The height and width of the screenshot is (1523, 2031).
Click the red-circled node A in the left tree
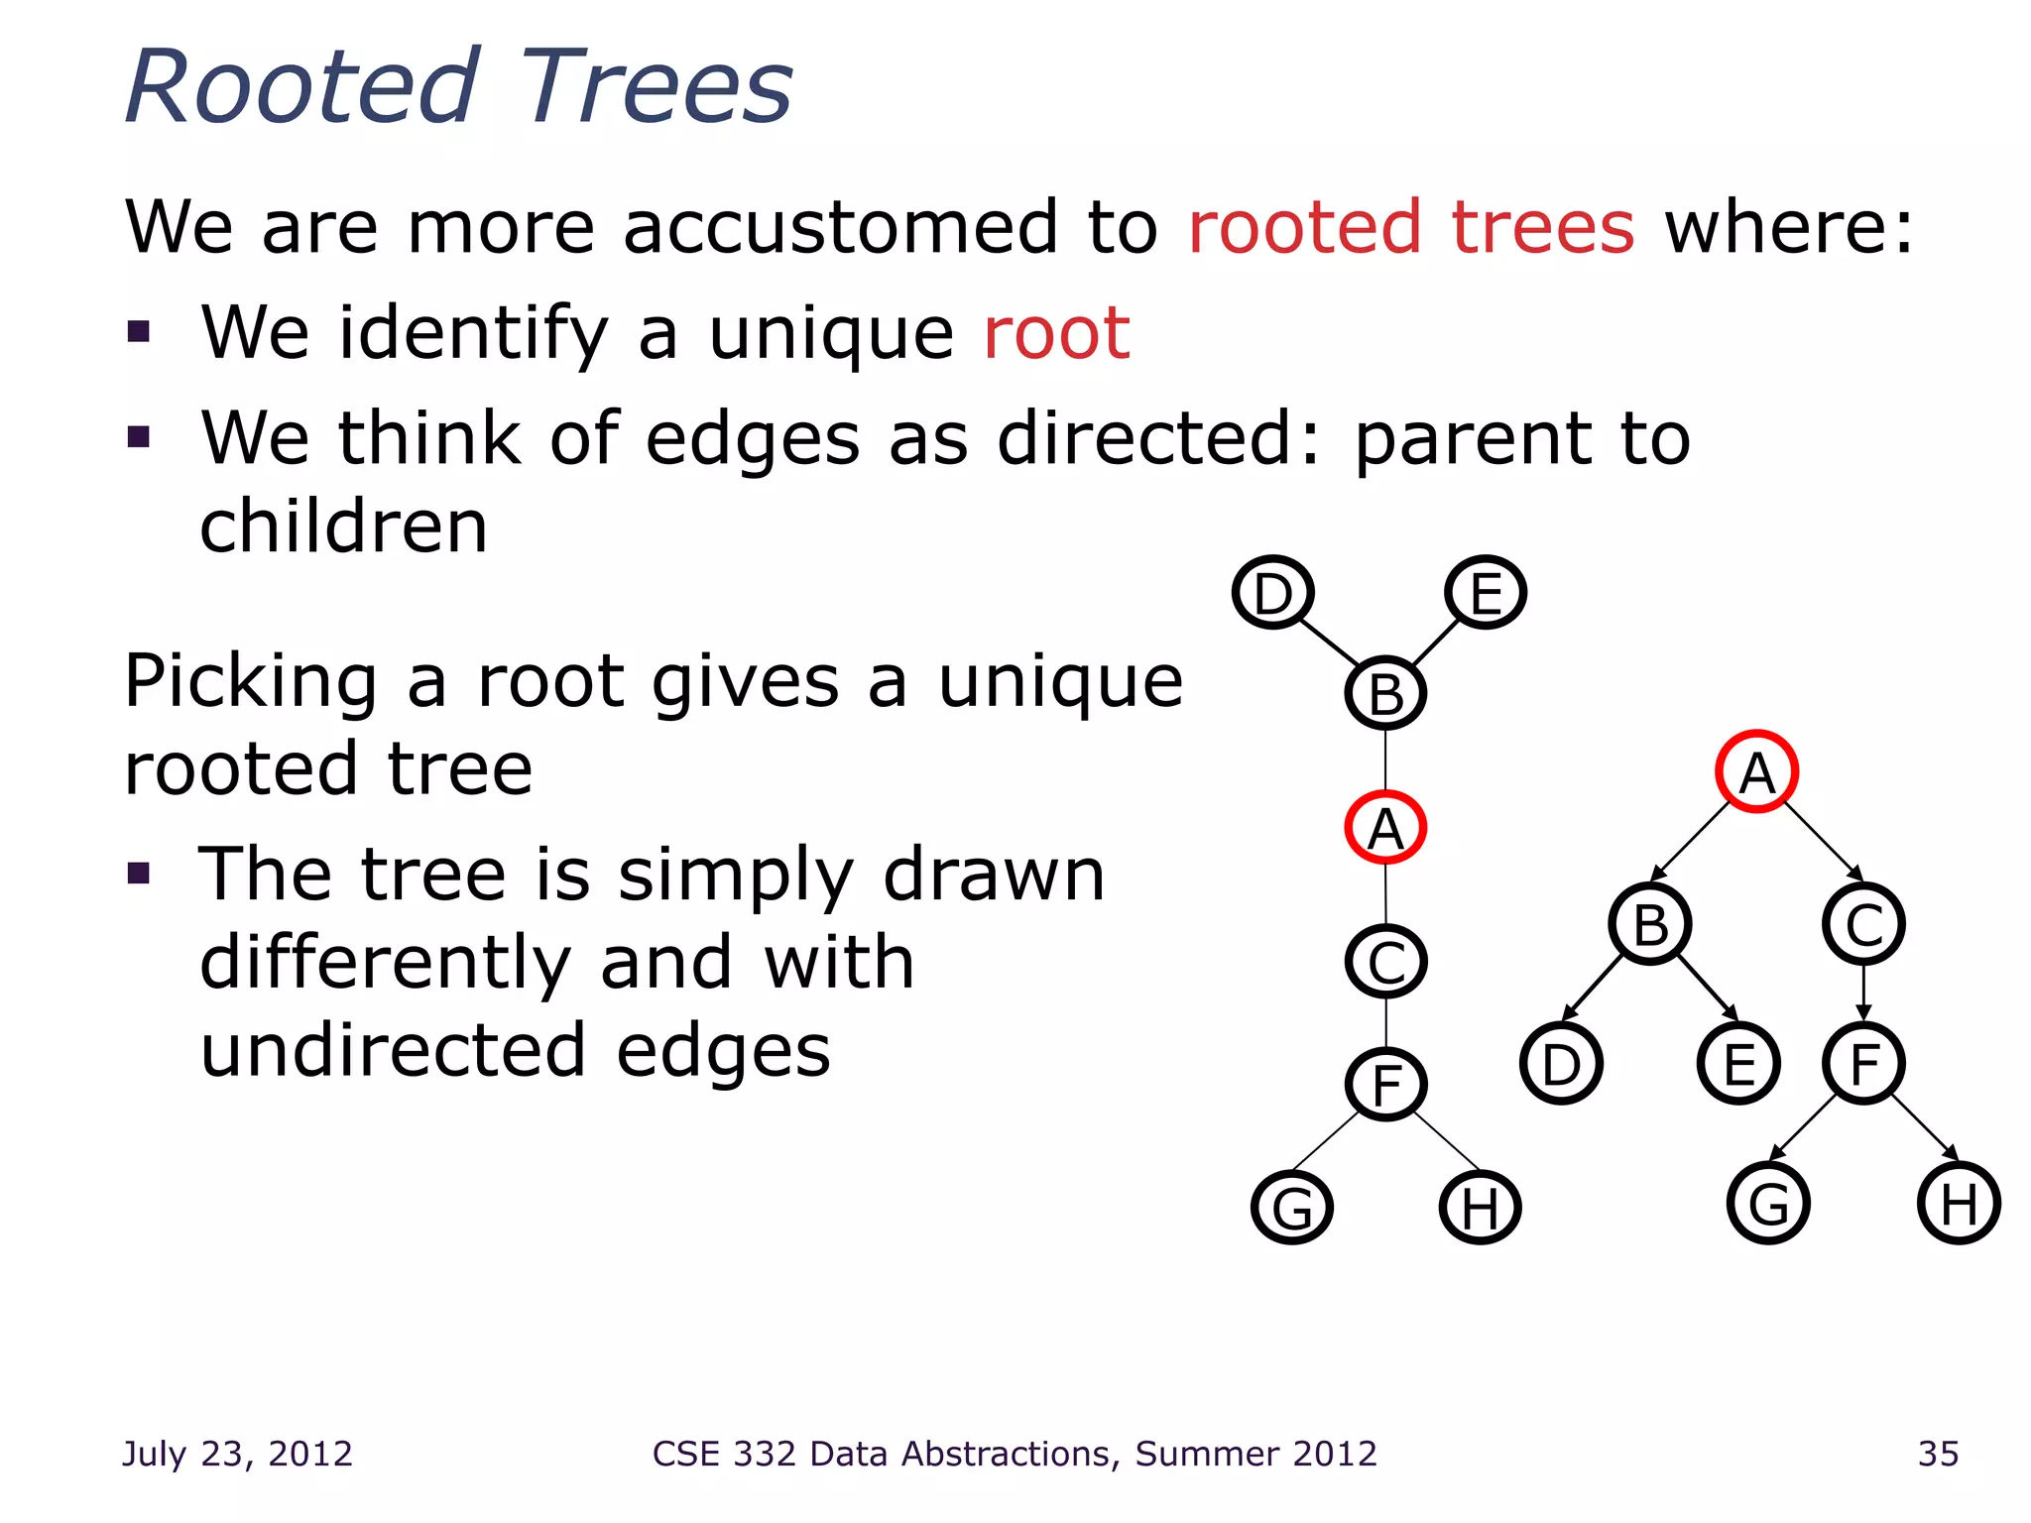coord(1385,828)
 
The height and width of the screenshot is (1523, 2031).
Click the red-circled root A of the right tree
coord(1756,772)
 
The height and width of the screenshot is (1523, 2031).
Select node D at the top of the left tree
coord(1273,593)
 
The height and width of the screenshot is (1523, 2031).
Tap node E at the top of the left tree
coord(1485,593)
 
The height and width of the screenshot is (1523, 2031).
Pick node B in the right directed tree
coord(1650,924)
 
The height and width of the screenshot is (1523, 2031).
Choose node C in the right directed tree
coord(1863,924)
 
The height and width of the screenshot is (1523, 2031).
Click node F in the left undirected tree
coord(1385,1084)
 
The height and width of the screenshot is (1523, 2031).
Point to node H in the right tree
coord(1959,1204)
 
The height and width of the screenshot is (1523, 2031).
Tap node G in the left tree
coord(1292,1208)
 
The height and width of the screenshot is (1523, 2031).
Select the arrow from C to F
coord(1863,994)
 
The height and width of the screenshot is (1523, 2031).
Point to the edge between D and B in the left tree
coord(1327,642)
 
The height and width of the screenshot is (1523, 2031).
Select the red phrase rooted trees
coord(1410,227)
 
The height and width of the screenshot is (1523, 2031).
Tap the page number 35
coord(1938,1454)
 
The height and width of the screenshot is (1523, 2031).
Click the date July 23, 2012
coord(237,1454)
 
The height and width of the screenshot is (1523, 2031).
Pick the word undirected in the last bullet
coord(393,1051)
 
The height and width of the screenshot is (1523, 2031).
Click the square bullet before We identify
coord(139,331)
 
